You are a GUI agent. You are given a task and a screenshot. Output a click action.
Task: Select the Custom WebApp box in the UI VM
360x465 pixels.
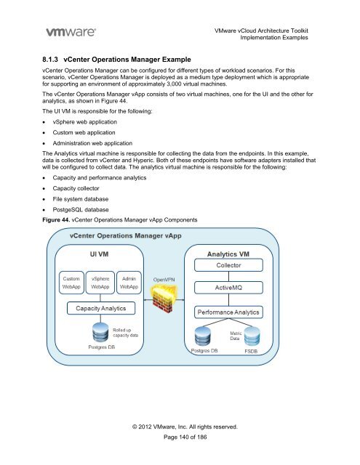[x=71, y=283]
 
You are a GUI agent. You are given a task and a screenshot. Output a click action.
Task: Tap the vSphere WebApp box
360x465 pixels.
[x=103, y=283]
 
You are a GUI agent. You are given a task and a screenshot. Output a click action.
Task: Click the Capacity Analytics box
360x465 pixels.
[x=102, y=310]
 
